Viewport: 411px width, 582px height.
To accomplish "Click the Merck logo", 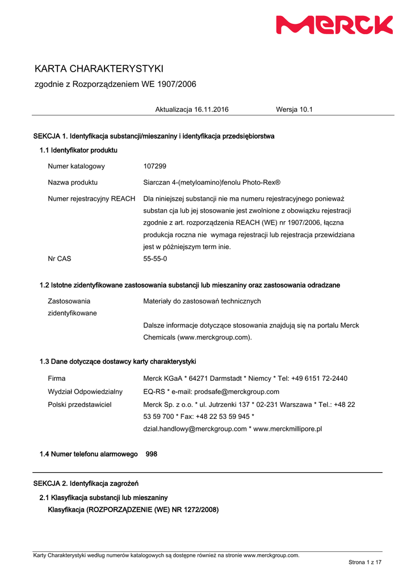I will [334, 25].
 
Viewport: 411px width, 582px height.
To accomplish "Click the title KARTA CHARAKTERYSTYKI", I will [99, 69].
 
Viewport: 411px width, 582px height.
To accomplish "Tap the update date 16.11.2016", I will [211, 109].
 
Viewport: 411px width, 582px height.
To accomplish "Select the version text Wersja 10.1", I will [294, 109].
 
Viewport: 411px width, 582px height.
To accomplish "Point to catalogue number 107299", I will [155, 166].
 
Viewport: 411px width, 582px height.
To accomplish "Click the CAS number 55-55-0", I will [155, 258].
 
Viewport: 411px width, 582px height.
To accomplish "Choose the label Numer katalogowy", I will [76, 166].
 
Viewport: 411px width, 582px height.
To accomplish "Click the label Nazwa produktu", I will [73, 182].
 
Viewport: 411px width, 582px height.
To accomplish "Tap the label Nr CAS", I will [60, 258].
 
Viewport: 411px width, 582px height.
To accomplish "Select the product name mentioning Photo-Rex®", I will [212, 182].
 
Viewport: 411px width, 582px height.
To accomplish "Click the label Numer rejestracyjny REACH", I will [91, 198].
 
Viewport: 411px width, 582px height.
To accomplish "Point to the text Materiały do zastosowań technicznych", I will [202, 301].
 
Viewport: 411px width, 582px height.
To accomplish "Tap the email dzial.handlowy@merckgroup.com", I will [195, 429].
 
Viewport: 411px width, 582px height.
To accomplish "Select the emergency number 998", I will [152, 454].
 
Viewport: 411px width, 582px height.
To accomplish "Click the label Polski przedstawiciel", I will [79, 404].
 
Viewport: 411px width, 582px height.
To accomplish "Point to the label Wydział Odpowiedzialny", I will [85, 392].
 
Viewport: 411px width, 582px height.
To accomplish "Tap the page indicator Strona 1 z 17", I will [365, 562].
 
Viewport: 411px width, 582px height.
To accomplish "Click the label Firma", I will [57, 378].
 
